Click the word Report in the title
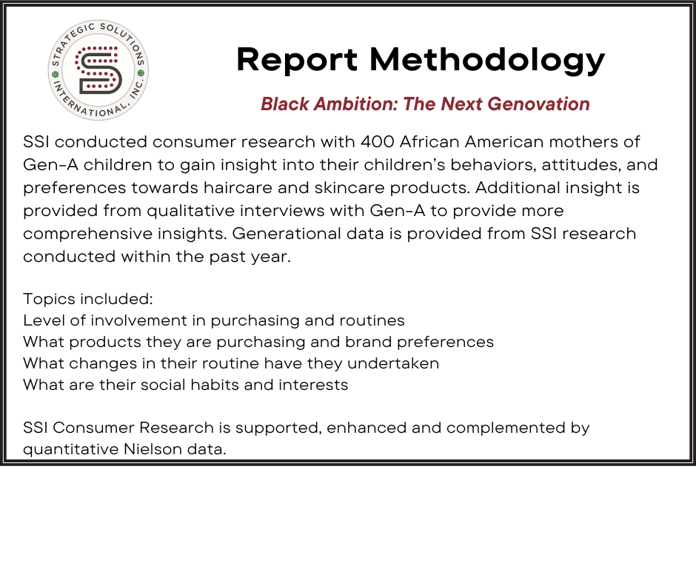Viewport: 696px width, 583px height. click(x=297, y=59)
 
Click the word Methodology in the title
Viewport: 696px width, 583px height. click(x=487, y=59)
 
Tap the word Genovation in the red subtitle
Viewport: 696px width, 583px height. click(x=538, y=104)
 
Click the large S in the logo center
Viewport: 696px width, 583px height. click(x=98, y=70)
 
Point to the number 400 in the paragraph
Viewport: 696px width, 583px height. click(x=377, y=142)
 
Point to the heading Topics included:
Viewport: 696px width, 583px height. click(x=88, y=299)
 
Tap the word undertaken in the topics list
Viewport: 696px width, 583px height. click(x=393, y=363)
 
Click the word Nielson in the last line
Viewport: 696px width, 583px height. click(x=153, y=449)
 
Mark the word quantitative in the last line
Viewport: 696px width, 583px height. click(x=71, y=449)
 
